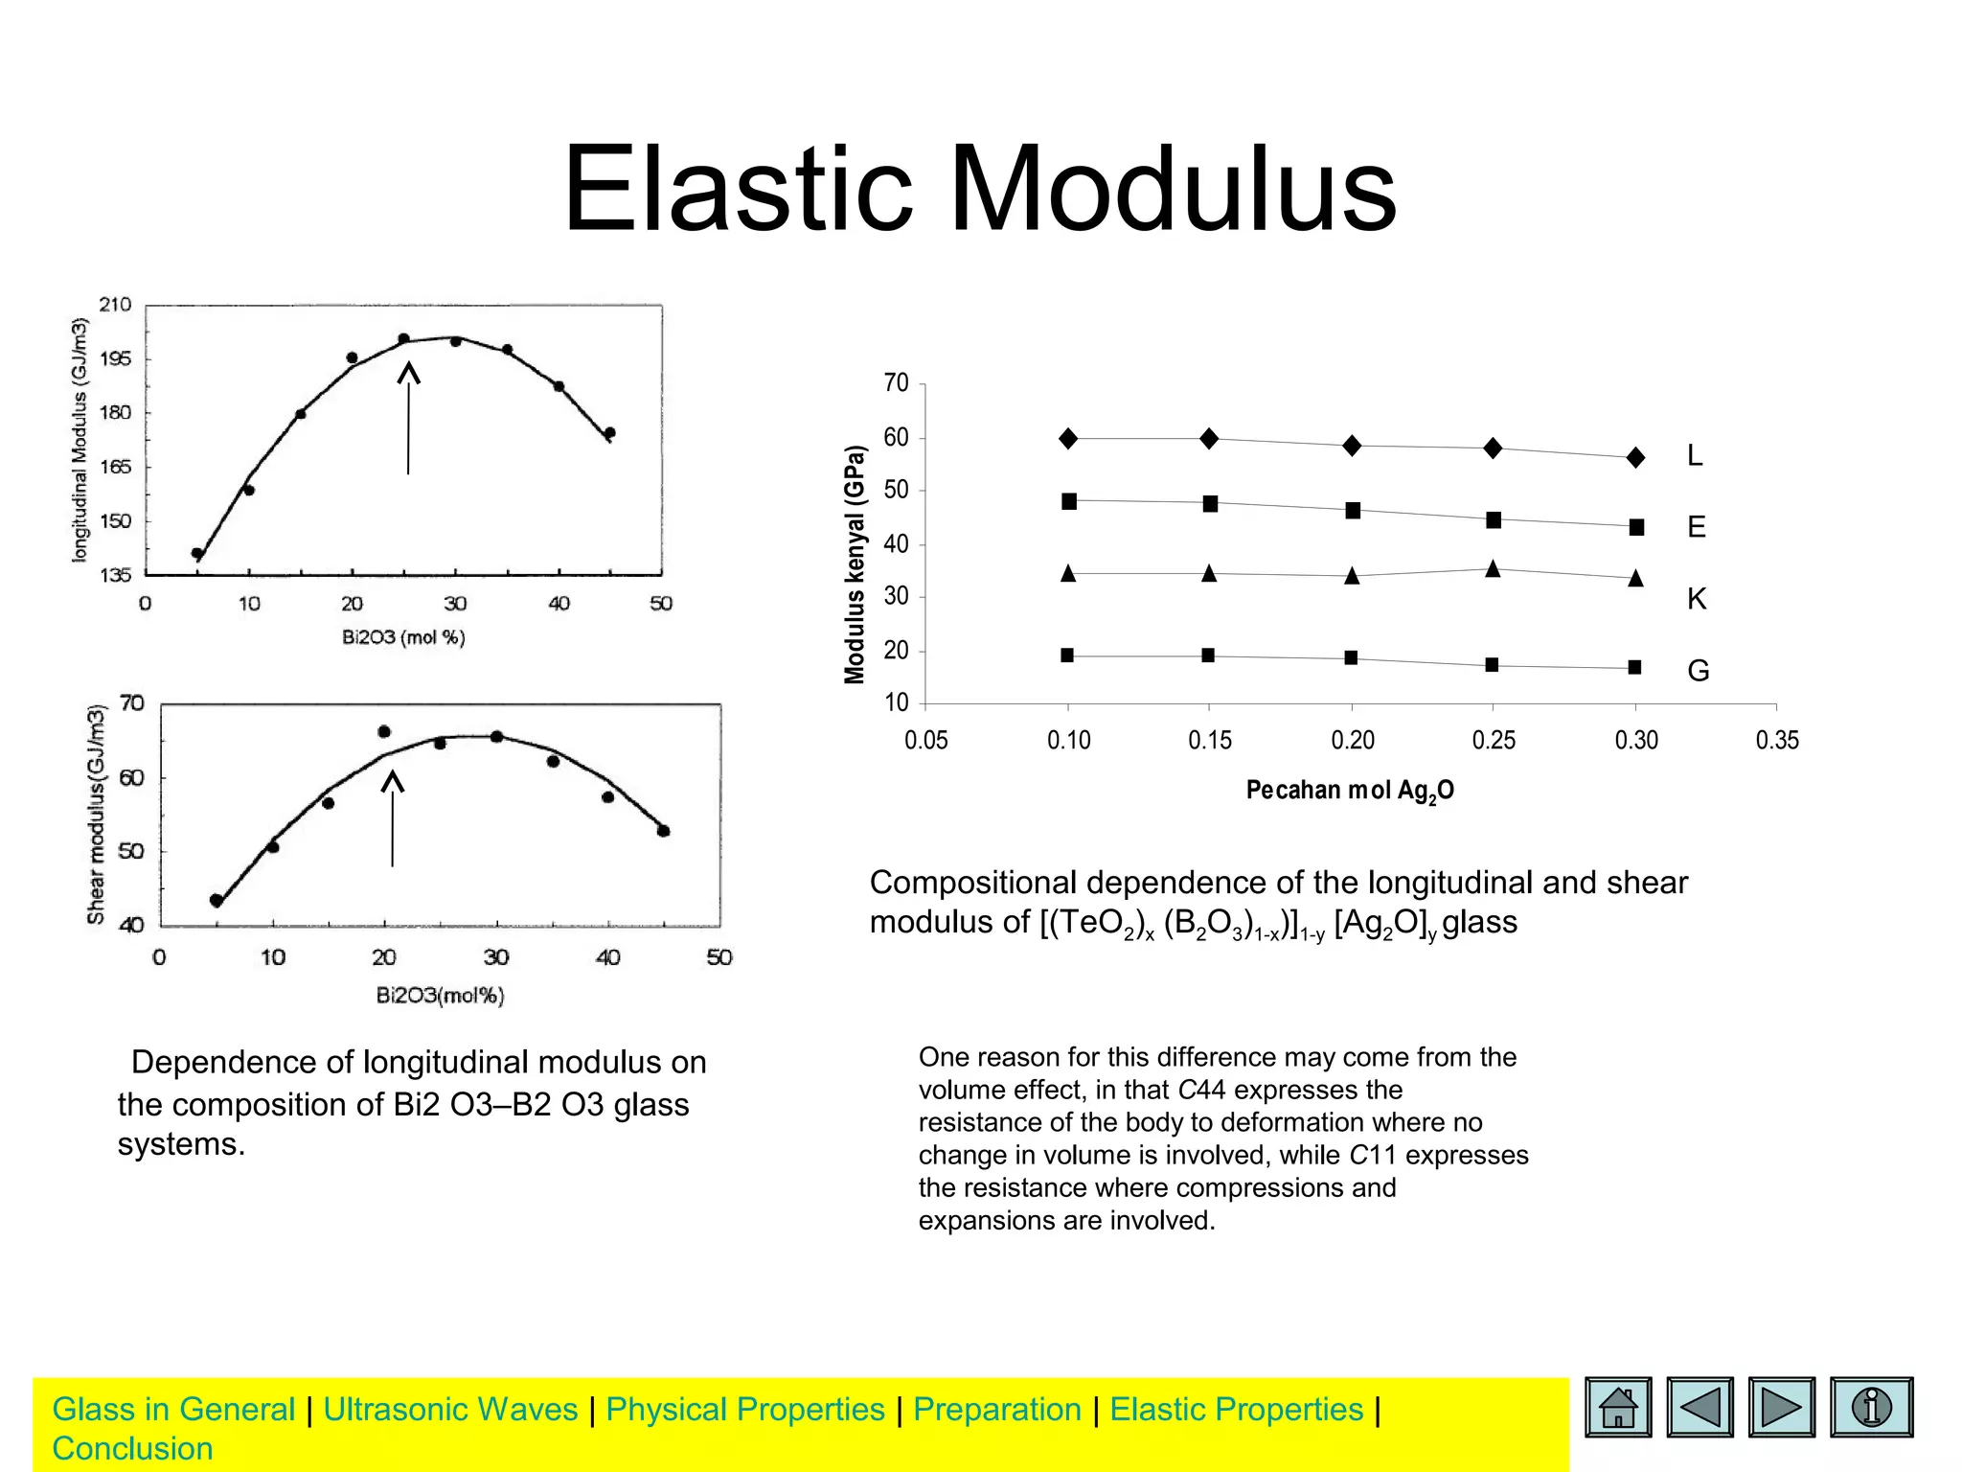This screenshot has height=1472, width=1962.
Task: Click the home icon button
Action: (x=1618, y=1407)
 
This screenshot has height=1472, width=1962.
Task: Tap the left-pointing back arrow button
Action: (x=1700, y=1407)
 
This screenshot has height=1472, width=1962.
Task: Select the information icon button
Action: (x=1871, y=1407)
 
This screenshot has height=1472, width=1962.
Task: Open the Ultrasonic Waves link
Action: (x=450, y=1410)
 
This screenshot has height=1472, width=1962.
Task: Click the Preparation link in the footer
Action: (x=996, y=1410)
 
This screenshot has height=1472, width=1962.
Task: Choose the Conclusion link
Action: (x=132, y=1449)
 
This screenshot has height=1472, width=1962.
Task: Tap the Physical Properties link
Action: (x=745, y=1410)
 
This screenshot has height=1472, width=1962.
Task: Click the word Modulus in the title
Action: (x=1172, y=189)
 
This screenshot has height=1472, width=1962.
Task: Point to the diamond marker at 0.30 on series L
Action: (x=1636, y=458)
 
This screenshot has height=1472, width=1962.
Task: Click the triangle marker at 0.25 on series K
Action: (x=1493, y=569)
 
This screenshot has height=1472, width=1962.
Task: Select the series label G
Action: (x=1698, y=671)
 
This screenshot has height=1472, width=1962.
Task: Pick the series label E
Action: (x=1696, y=527)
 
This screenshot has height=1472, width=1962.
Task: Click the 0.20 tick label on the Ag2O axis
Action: (x=1352, y=740)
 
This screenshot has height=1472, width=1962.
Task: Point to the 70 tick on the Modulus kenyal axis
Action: (x=896, y=383)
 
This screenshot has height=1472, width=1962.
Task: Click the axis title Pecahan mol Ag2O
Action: (x=1349, y=791)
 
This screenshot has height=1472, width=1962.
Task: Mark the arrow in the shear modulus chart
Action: (x=392, y=819)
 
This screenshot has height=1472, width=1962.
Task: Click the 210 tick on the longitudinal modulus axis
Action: (x=115, y=305)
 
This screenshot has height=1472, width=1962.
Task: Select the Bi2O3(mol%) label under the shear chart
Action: (x=440, y=996)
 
